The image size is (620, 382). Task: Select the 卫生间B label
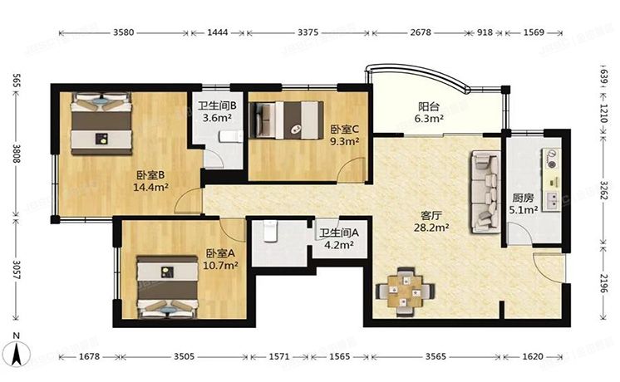pos(218,106)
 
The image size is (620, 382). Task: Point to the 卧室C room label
pos(344,130)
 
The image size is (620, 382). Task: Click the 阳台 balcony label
pos(429,106)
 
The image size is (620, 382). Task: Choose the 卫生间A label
pos(338,233)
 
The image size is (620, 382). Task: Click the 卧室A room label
pos(222,253)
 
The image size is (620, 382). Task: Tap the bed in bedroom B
pos(101,124)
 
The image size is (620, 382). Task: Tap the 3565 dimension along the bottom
pos(435,357)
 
